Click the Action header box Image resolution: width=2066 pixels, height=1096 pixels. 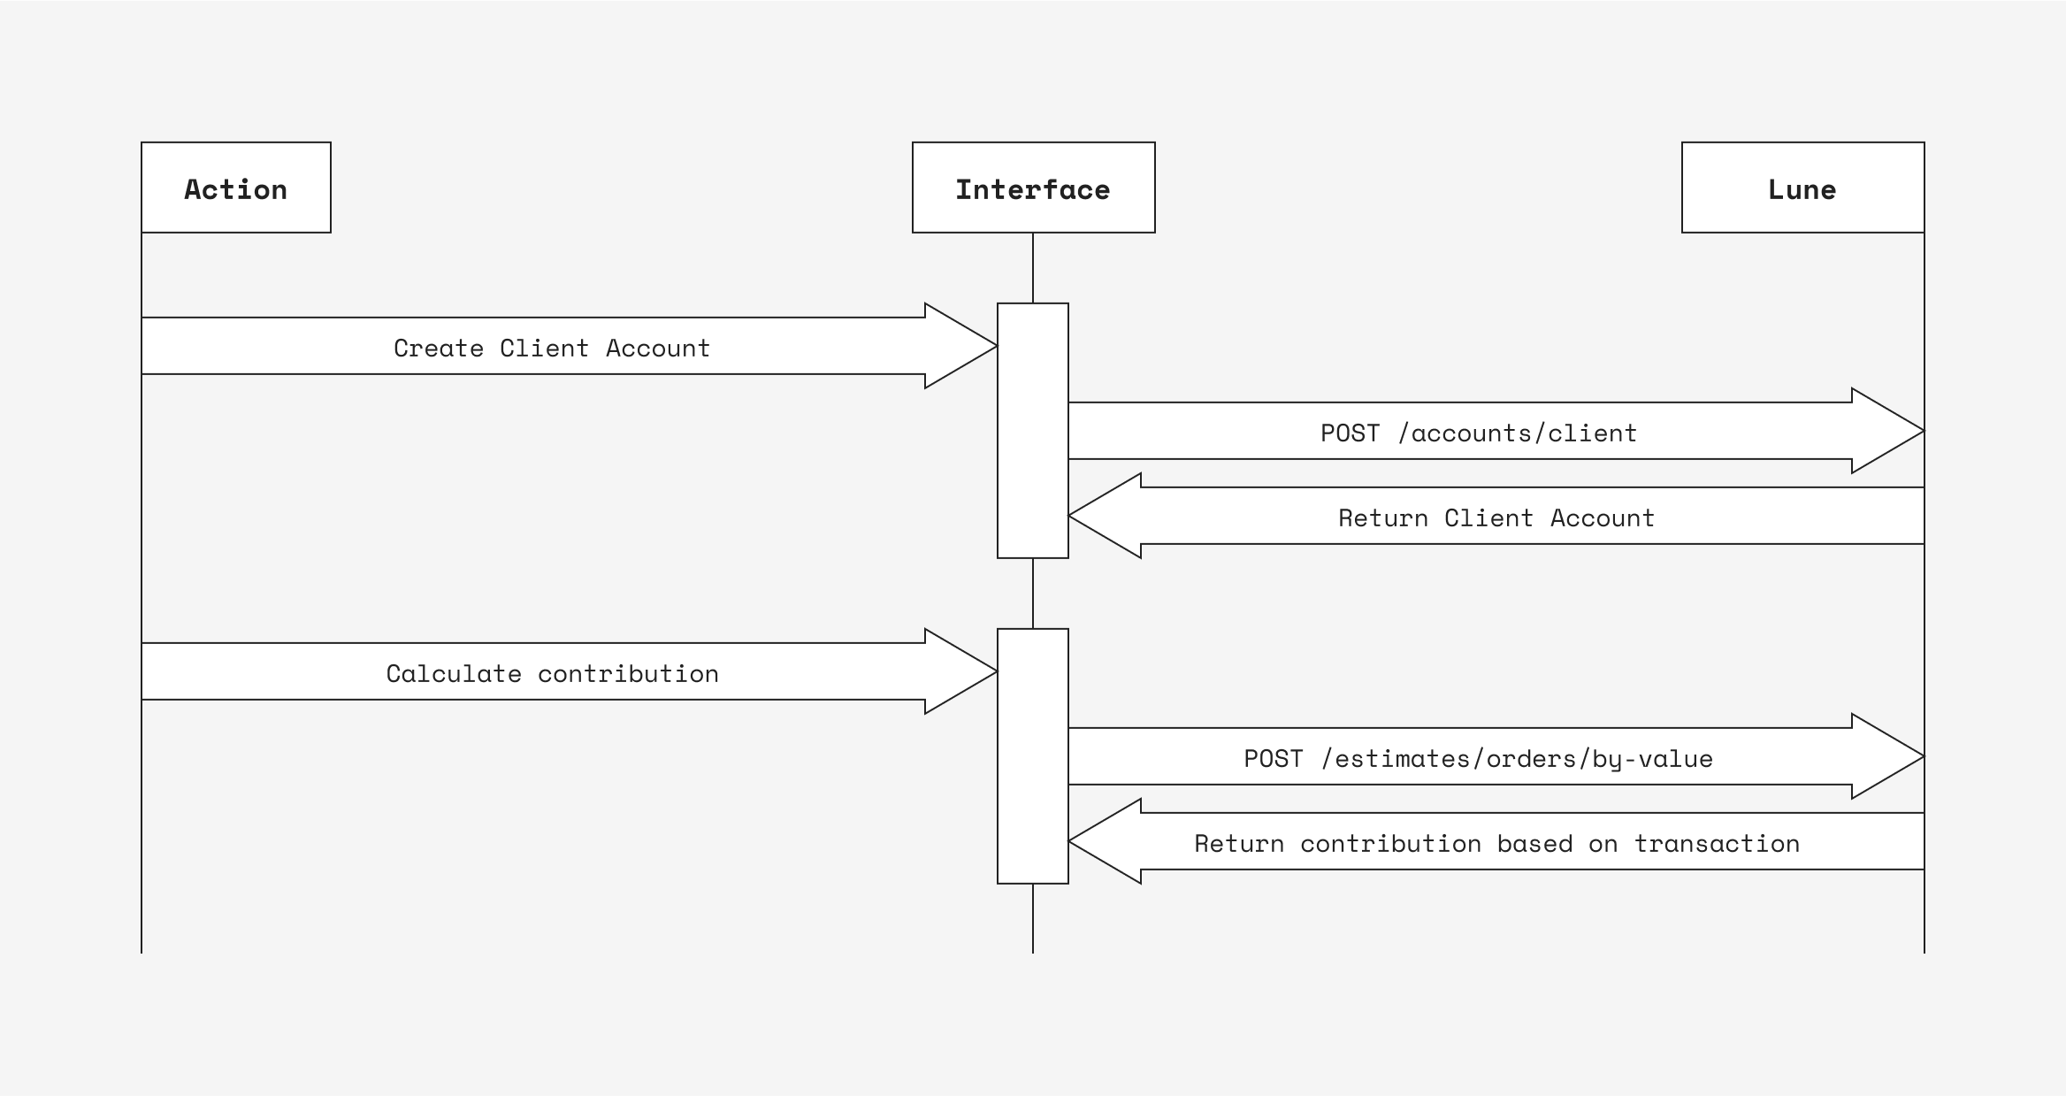coord(235,188)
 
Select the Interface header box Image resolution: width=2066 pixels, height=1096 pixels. coord(1033,188)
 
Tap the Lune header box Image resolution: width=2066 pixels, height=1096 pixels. coord(1802,188)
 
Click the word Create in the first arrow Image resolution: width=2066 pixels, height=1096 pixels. coord(438,348)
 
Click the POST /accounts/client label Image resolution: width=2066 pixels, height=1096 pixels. coord(1478,433)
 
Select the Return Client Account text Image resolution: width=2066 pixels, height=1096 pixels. coord(1496,517)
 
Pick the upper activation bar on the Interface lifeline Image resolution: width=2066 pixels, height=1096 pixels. coord(1032,431)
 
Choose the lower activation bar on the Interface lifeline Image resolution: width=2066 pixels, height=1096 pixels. coord(1032,756)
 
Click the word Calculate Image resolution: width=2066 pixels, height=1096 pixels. coord(453,673)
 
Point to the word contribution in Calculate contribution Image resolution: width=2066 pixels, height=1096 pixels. coord(628,673)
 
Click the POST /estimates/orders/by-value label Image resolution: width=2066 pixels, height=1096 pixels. coord(1478,758)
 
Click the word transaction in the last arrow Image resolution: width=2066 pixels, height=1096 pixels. coord(1716,843)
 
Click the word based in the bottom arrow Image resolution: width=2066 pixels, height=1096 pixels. coord(1534,843)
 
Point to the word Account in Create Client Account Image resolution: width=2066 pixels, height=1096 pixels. coord(657,348)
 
